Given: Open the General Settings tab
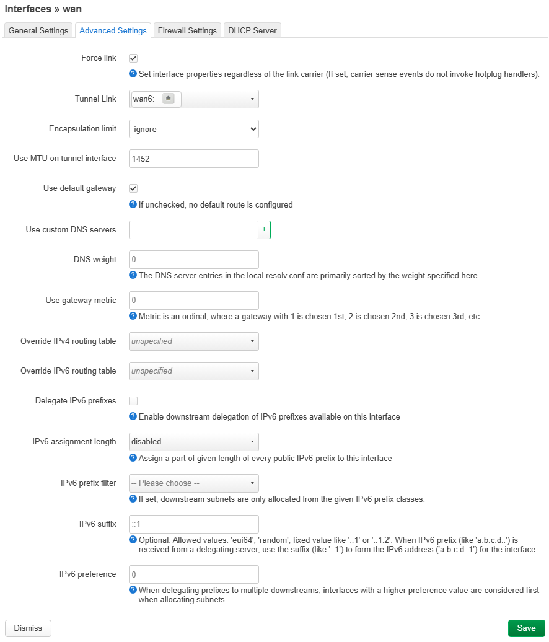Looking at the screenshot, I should pyautogui.click(x=38, y=30).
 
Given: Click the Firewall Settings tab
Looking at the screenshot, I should pyautogui.click(x=187, y=30).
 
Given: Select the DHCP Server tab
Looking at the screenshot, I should pyautogui.click(x=252, y=30).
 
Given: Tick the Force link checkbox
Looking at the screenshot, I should pyautogui.click(x=133, y=58).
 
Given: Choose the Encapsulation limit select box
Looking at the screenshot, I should pyautogui.click(x=193, y=129).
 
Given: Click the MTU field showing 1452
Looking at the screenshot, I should pyautogui.click(x=193, y=159).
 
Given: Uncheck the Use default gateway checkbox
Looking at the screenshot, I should pyautogui.click(x=133, y=188).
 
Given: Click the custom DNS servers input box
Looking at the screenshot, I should pyautogui.click(x=193, y=230).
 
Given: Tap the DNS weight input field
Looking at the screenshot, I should pyautogui.click(x=193, y=260).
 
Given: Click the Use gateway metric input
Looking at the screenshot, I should pyautogui.click(x=193, y=301).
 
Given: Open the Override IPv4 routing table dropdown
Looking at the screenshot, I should pyautogui.click(x=193, y=341).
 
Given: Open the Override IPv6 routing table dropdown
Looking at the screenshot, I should pyautogui.click(x=193, y=371).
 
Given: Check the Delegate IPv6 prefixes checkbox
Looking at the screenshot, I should pyautogui.click(x=133, y=401).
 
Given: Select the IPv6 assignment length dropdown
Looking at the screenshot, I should pyautogui.click(x=193, y=442).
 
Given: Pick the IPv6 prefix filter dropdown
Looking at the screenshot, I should pyautogui.click(x=193, y=483).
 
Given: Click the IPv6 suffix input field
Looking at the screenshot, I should pyautogui.click(x=193, y=524).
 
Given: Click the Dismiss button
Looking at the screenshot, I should pyautogui.click(x=28, y=628).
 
